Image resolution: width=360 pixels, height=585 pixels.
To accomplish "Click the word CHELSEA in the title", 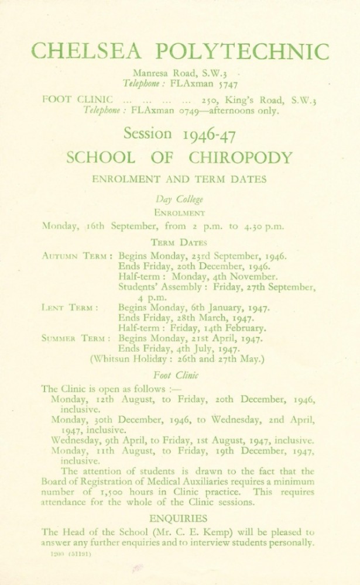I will coord(87,51).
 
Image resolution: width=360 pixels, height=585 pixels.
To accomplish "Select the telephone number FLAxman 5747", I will coord(202,85).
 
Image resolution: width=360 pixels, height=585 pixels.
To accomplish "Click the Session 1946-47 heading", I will coord(180,134).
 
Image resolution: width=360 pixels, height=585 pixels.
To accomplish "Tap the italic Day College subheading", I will coord(179,199).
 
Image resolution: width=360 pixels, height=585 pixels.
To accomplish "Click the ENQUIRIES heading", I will coord(179,518).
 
